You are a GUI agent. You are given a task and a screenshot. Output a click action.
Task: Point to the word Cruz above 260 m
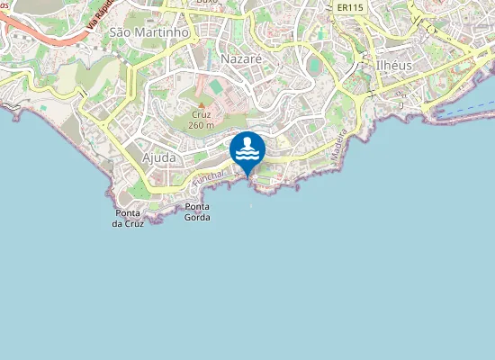point(202,115)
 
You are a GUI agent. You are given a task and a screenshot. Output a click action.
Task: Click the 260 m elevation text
point(202,125)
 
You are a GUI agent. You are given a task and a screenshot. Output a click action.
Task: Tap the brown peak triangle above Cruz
point(202,104)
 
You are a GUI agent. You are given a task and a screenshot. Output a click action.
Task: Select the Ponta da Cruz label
point(128,218)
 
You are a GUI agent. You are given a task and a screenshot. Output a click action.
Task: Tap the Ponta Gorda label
point(197,212)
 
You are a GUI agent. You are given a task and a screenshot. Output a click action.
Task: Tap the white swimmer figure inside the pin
point(247,146)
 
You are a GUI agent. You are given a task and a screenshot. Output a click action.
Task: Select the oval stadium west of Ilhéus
point(313,67)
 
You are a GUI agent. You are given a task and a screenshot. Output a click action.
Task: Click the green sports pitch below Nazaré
point(216,85)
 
